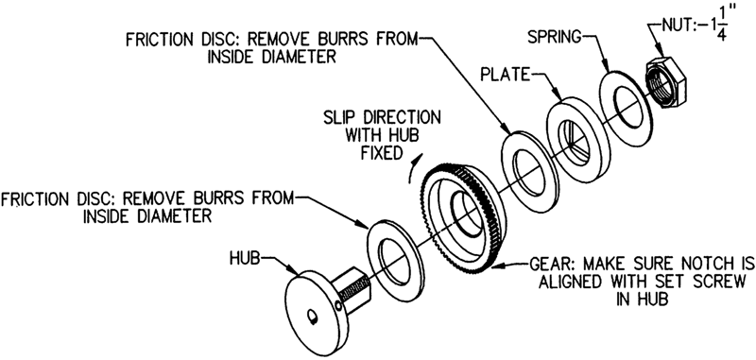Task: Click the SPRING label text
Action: click(555, 37)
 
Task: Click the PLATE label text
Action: click(505, 76)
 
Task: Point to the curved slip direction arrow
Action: click(415, 168)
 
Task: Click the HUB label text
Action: click(245, 259)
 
